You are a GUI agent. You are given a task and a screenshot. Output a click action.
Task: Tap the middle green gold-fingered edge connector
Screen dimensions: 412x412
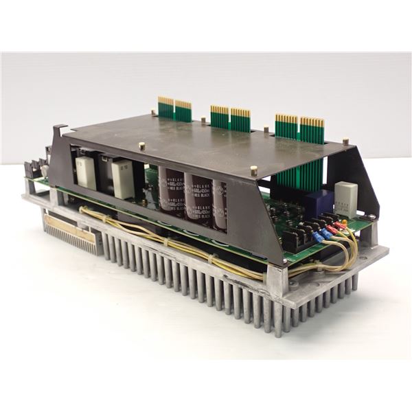pyautogui.click(x=229, y=116)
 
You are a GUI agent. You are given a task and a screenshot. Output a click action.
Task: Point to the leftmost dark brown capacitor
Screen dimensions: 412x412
pyautogui.click(x=168, y=189)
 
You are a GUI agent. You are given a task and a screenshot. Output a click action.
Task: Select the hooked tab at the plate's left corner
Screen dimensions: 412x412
pyautogui.click(x=60, y=130)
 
